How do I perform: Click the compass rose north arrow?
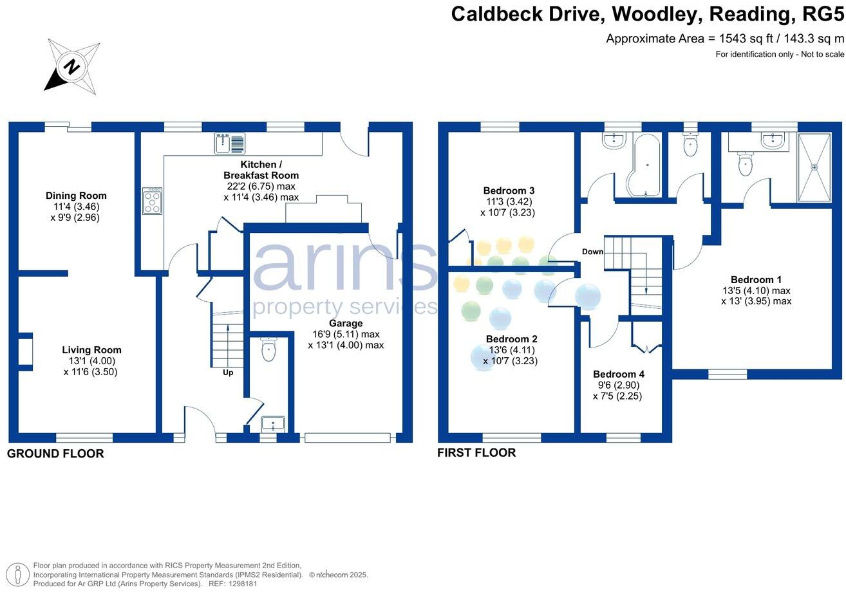(x=71, y=66)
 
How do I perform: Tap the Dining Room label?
(x=76, y=196)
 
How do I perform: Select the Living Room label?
(x=91, y=350)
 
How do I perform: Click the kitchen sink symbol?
(x=230, y=143)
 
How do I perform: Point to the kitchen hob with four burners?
(x=153, y=201)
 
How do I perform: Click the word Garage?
(x=346, y=323)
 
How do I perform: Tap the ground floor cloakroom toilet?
(x=269, y=350)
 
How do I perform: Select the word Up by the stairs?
(x=228, y=373)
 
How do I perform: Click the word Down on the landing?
(x=592, y=252)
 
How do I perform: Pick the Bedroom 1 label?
(x=756, y=280)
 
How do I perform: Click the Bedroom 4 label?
(x=618, y=374)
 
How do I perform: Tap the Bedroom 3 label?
(x=509, y=190)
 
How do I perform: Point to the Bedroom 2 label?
(x=511, y=339)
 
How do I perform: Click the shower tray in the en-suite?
(x=814, y=167)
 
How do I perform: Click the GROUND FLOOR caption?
(x=55, y=454)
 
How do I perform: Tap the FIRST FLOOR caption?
(x=476, y=452)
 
